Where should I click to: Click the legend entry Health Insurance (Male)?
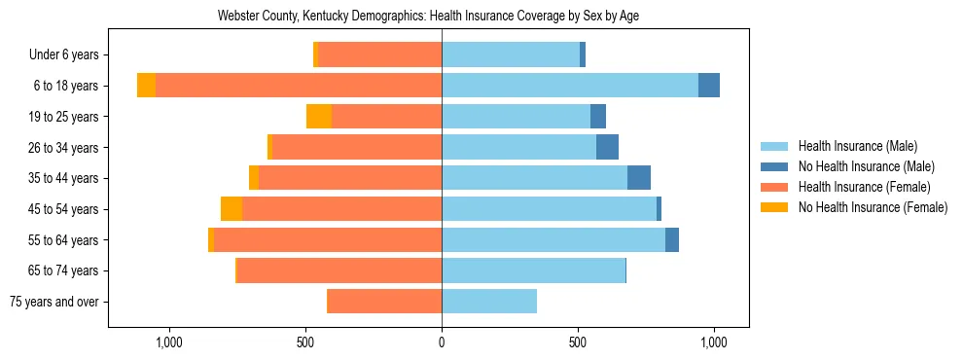857,146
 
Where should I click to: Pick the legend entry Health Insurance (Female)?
864,187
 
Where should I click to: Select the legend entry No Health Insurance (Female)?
873,207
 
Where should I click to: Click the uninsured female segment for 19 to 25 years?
319,117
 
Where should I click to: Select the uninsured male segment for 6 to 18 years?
709,86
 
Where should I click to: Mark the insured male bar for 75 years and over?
489,302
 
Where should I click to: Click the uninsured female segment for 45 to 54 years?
232,209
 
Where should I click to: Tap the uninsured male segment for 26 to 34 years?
607,148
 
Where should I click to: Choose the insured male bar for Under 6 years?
511,55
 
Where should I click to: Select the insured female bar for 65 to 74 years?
339,270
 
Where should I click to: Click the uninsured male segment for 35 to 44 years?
639,178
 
